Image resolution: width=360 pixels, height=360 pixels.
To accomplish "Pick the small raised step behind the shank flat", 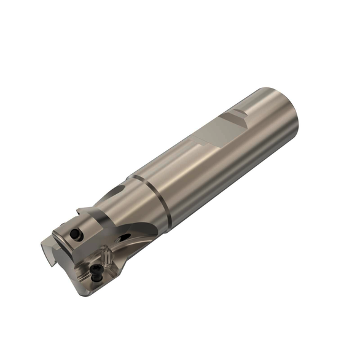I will [235, 115].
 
